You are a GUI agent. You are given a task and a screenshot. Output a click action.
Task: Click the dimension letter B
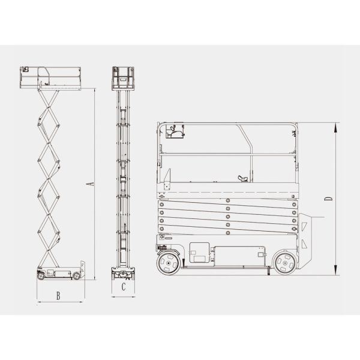58,295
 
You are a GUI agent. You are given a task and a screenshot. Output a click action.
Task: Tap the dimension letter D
328,197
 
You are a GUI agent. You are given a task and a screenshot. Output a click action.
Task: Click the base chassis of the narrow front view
123,274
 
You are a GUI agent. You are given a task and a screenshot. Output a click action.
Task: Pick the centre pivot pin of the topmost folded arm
228,200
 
